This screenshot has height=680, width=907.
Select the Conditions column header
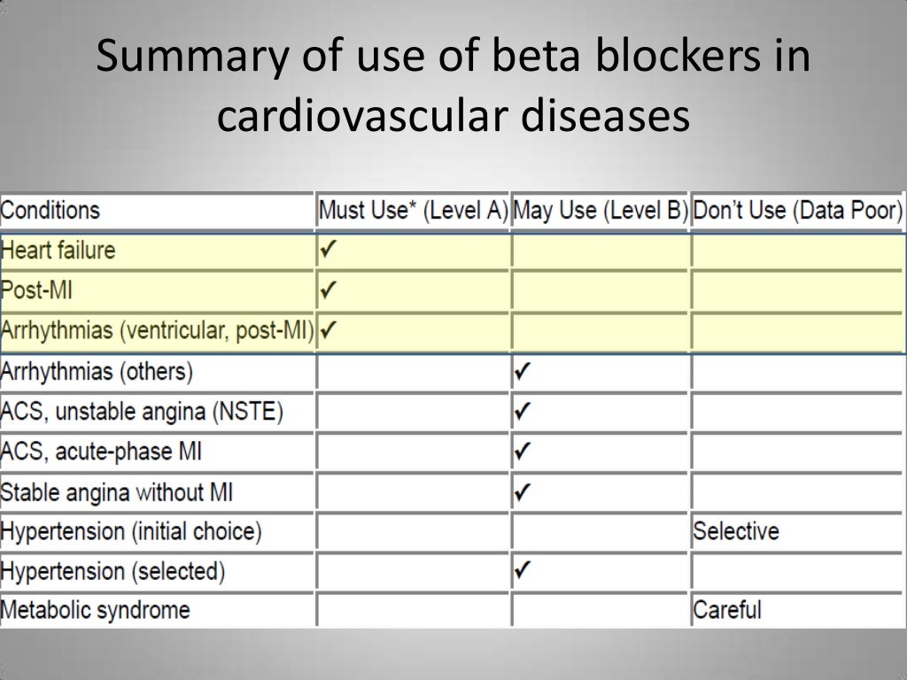pyautogui.click(x=50, y=211)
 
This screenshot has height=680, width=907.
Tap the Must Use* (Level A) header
pyautogui.click(x=413, y=211)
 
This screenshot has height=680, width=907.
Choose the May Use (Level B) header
pyautogui.click(x=601, y=211)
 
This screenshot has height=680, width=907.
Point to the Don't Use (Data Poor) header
pyautogui.click(x=797, y=211)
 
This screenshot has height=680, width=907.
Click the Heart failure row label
pyautogui.click(x=58, y=251)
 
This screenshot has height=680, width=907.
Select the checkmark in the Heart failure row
pyautogui.click(x=329, y=251)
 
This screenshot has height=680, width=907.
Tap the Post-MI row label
pyautogui.click(x=37, y=290)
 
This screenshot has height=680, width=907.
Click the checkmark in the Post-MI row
pyautogui.click(x=329, y=290)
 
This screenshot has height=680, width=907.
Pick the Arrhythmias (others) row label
pyautogui.click(x=97, y=371)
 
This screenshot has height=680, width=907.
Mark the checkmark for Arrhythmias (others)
pyautogui.click(x=523, y=372)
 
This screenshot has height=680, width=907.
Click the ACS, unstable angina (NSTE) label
pyautogui.click(x=142, y=412)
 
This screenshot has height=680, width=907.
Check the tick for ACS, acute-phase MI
pyautogui.click(x=523, y=452)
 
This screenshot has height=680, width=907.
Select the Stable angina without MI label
pyautogui.click(x=117, y=491)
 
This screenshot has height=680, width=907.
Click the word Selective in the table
pyautogui.click(x=736, y=531)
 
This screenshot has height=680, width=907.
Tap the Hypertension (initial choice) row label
pyautogui.click(x=131, y=531)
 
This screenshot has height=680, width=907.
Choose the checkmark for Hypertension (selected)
pyautogui.click(x=523, y=571)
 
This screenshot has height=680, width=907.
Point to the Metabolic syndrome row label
pyautogui.click(x=96, y=610)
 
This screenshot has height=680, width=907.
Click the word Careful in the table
pyautogui.click(x=727, y=610)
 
